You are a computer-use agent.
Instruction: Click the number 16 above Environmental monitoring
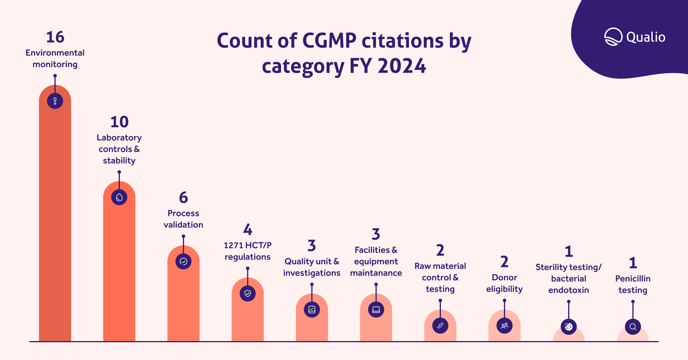coord(55,37)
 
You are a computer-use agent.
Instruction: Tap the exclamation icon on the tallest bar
coord(55,101)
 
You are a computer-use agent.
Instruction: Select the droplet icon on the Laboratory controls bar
coord(119,197)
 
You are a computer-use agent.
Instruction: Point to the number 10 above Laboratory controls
coord(119,122)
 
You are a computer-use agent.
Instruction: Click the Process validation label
coord(183,219)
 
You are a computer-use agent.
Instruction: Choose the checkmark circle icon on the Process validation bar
coord(183,261)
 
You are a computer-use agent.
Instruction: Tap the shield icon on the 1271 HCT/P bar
coord(248,294)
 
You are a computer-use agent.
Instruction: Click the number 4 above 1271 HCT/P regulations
coord(248,230)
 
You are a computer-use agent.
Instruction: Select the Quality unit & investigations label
coord(312,267)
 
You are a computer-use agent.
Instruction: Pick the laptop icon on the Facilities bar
coord(376,310)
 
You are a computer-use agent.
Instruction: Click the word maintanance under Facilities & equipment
coord(376,273)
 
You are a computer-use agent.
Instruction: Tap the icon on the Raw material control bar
coord(440,326)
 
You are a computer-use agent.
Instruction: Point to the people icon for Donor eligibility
coord(505,326)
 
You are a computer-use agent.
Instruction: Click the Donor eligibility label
coord(505,283)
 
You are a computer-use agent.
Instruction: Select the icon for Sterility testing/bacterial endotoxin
coord(569,327)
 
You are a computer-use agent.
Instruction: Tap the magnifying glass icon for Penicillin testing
coord(633,327)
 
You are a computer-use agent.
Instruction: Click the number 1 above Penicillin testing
coord(633,263)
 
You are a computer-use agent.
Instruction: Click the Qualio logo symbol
coord(613,37)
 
